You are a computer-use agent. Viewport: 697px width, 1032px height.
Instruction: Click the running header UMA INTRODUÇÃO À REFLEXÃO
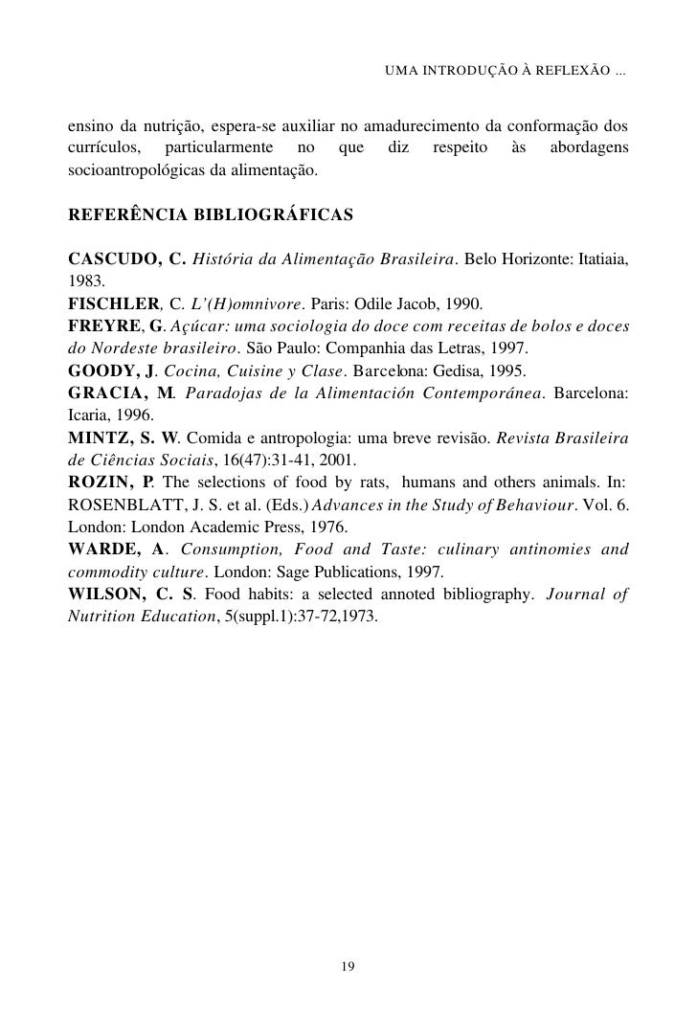pyautogui.click(x=505, y=73)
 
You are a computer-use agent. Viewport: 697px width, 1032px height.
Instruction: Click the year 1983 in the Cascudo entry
pyautogui.click(x=84, y=282)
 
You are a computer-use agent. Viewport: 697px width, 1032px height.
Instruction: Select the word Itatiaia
pyautogui.click(x=598, y=259)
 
